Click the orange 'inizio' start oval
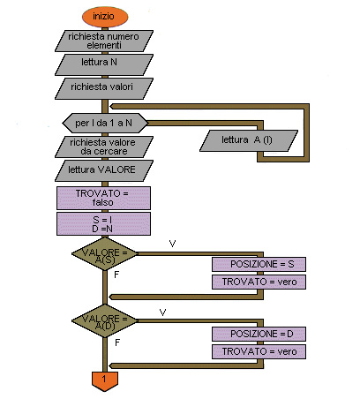[105, 17]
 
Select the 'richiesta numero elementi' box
[104, 41]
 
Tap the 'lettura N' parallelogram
[104, 64]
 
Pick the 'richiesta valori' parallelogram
[104, 88]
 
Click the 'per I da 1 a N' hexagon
[105, 123]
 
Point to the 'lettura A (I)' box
[249, 141]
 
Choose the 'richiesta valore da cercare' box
[104, 147]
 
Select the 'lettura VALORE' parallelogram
[104, 170]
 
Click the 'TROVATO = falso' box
[103, 198]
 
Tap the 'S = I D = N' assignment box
[103, 224]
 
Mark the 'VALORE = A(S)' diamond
[105, 253]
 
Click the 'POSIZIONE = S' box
[259, 264]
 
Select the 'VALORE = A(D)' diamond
[105, 320]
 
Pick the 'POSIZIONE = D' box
[259, 334]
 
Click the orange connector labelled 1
[105, 381]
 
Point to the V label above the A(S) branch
[172, 244]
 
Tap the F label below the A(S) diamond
[116, 275]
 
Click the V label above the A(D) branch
[162, 312]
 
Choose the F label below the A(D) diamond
[117, 343]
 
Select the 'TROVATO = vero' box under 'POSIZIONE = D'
[259, 351]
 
